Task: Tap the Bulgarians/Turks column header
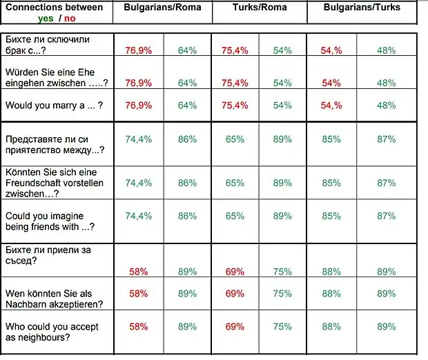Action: tap(362, 8)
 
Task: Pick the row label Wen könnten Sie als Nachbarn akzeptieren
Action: tap(54, 299)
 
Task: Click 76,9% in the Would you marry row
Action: tap(138, 106)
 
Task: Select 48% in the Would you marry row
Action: tap(387, 106)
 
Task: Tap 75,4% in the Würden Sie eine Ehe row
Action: tap(235, 83)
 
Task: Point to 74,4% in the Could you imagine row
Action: tap(138, 216)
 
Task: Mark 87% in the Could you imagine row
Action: tap(387, 216)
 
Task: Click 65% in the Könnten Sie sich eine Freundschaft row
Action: tap(235, 183)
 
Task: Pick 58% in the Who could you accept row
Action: tap(138, 327)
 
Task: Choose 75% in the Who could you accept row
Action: tap(282, 327)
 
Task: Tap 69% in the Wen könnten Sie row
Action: tap(235, 294)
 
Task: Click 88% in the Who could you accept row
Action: tap(331, 327)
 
